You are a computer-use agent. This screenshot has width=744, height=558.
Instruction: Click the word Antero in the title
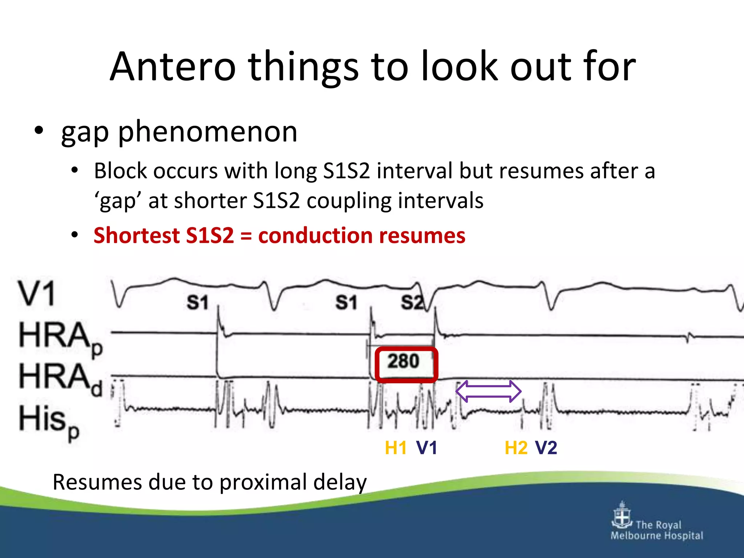pyautogui.click(x=173, y=67)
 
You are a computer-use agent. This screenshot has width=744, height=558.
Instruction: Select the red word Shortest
pyautogui.click(x=137, y=235)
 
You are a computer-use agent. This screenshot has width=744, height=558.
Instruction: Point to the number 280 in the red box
pyautogui.click(x=403, y=361)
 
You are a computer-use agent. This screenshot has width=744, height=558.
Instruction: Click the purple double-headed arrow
pyautogui.click(x=488, y=391)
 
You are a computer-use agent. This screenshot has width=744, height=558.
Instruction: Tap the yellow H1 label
pyautogui.click(x=396, y=448)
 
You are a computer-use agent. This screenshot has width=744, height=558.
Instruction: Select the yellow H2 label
pyautogui.click(x=516, y=448)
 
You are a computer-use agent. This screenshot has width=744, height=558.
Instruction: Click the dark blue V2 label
pyautogui.click(x=546, y=448)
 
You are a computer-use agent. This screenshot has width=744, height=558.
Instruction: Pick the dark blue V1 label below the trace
pyautogui.click(x=426, y=448)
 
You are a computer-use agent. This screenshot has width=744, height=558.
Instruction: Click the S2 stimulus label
pyautogui.click(x=412, y=302)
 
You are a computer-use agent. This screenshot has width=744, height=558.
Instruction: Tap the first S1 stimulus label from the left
pyautogui.click(x=197, y=302)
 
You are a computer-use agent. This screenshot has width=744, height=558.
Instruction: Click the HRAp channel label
pyautogui.click(x=60, y=338)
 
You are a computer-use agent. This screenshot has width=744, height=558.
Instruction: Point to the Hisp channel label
pyautogui.click(x=49, y=421)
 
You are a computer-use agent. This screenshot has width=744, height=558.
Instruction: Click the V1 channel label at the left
pyautogui.click(x=37, y=294)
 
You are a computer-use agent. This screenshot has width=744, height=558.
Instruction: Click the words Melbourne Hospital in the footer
pyautogui.click(x=657, y=535)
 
